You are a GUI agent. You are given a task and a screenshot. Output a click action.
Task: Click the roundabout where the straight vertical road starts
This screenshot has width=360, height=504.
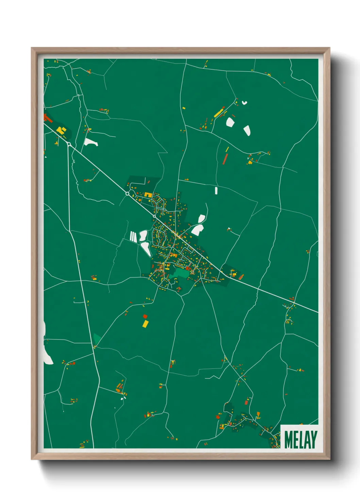[69, 144]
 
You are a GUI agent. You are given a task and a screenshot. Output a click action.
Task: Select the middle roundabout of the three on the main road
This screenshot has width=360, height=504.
[128, 193]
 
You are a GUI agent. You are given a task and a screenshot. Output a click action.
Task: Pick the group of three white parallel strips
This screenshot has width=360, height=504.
[133, 236]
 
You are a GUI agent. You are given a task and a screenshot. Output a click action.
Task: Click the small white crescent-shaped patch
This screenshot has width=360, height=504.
[244, 103]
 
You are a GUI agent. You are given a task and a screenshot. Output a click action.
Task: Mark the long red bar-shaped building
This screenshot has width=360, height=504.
[225, 159]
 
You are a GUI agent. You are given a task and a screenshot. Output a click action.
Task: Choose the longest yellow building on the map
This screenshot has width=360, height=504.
[219, 112]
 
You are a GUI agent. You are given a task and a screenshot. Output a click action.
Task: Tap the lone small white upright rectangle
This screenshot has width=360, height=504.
[216, 190]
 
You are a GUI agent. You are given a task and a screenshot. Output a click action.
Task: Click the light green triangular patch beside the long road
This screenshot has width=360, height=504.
[97, 339]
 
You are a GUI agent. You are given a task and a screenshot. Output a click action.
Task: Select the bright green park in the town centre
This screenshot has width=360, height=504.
[181, 272]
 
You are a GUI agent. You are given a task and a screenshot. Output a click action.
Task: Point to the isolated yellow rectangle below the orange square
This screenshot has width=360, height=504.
[145, 324]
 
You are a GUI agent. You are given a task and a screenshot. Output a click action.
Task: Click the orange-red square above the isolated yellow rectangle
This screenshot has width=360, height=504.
[145, 316]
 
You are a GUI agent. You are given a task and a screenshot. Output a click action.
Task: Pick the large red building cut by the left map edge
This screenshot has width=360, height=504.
[47, 118]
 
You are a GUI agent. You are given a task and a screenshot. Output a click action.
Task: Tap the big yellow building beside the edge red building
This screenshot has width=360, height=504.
[61, 130]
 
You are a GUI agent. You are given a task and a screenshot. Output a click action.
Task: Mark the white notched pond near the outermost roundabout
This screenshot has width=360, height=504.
[91, 142]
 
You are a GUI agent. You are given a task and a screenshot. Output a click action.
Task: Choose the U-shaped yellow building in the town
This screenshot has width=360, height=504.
[148, 194]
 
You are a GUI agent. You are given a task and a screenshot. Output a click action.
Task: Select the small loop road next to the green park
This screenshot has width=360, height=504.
[192, 272]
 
